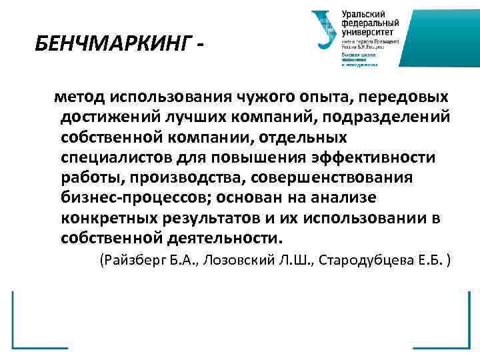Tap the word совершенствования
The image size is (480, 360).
335,178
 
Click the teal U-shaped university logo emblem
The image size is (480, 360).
324,30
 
